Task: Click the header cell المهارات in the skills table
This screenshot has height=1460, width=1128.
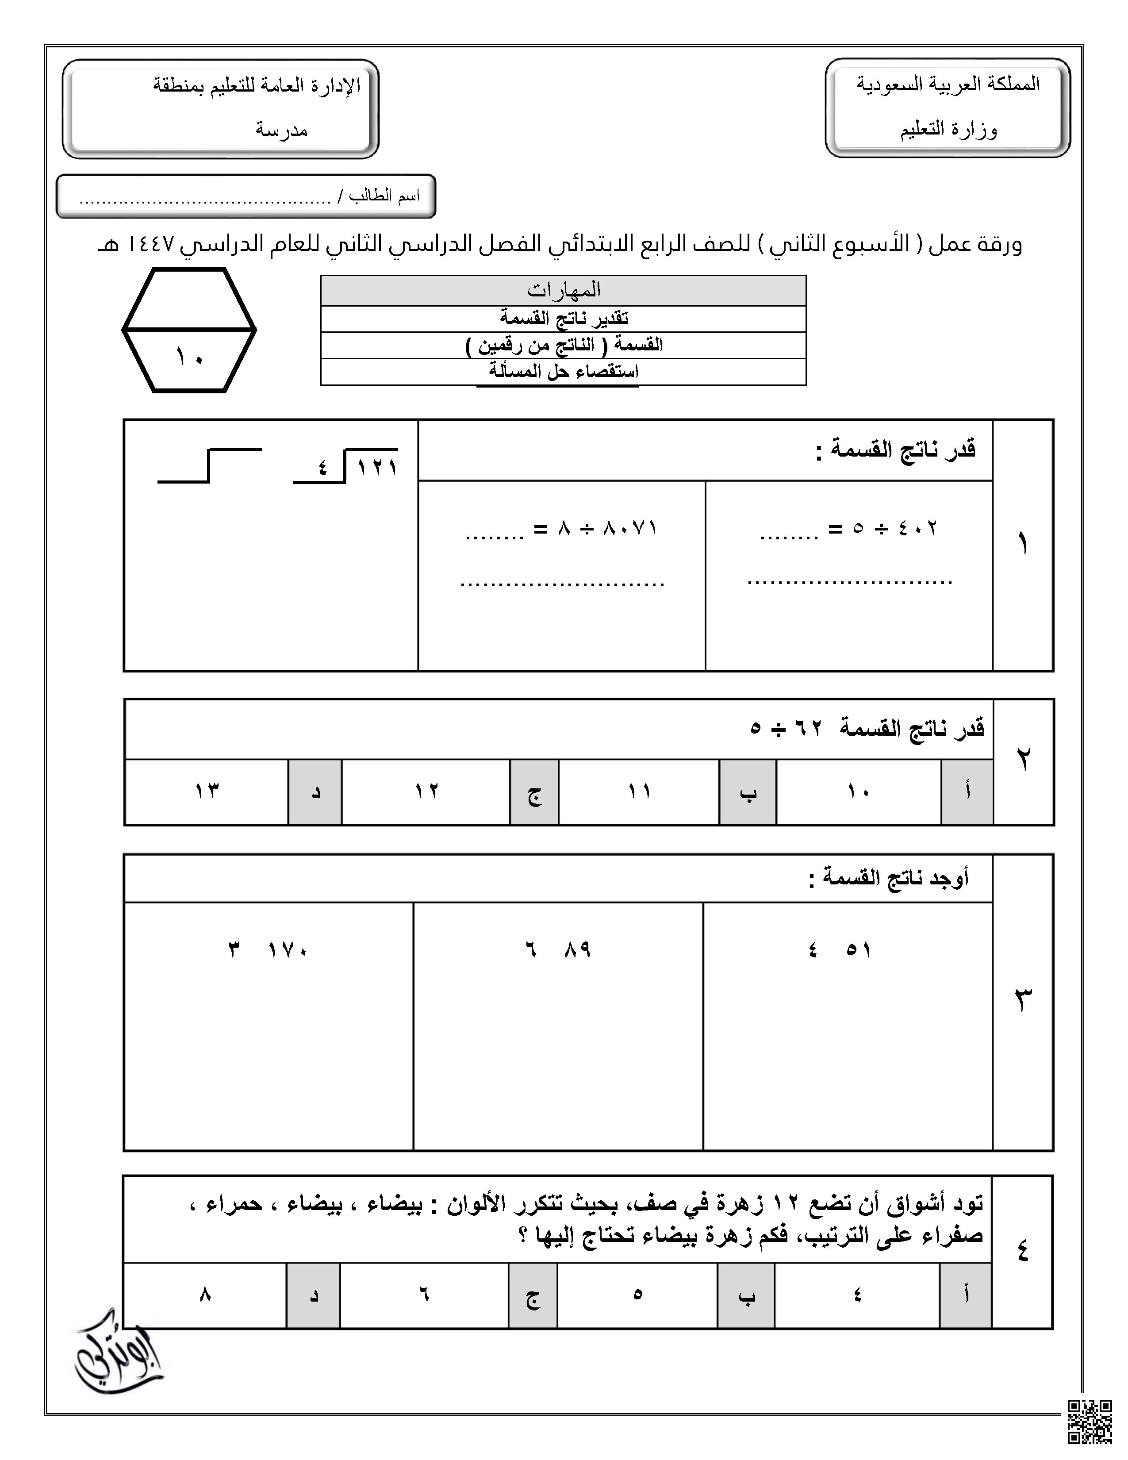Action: tap(563, 290)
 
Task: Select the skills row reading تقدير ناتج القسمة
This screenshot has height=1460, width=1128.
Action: tap(563, 318)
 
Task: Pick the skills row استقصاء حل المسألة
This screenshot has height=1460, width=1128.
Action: tap(563, 372)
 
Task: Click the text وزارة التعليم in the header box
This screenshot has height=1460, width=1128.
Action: tap(948, 129)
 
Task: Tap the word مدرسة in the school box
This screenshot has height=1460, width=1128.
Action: tap(281, 129)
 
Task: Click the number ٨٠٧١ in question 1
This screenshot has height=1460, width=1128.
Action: tap(630, 528)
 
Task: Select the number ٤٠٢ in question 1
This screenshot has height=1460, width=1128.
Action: tap(917, 528)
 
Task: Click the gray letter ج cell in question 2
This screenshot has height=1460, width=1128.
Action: tap(534, 791)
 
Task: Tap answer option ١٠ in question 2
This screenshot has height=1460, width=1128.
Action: tap(858, 791)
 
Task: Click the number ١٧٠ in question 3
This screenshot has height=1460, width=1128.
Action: tap(288, 949)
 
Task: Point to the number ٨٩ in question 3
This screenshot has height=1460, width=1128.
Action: tap(577, 949)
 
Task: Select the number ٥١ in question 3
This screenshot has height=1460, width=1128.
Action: tap(858, 949)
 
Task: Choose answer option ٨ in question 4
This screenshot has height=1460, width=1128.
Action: tap(205, 1295)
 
